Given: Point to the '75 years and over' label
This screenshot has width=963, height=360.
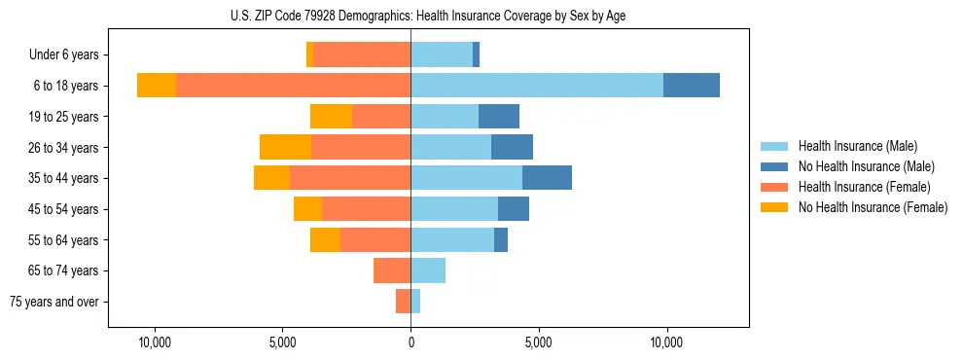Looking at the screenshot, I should pyautogui.click(x=54, y=302).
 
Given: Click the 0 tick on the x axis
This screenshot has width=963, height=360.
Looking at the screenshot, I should pyautogui.click(x=410, y=342).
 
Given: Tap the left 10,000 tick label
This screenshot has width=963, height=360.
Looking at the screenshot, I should pyautogui.click(x=155, y=342).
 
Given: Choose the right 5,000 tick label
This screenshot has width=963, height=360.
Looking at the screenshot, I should pyautogui.click(x=538, y=342).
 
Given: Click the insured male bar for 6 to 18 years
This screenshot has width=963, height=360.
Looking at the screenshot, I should pyautogui.click(x=537, y=86).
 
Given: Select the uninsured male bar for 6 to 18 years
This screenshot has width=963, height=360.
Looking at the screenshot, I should pyautogui.click(x=692, y=86).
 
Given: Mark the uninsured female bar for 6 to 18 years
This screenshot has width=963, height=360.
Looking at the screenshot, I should pyautogui.click(x=157, y=86).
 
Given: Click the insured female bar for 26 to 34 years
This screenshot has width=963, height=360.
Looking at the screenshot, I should pyautogui.click(x=361, y=147).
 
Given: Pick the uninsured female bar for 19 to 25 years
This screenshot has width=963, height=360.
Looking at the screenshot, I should pyautogui.click(x=331, y=117).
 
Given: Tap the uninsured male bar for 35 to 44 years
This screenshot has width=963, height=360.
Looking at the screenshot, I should pyautogui.click(x=547, y=178).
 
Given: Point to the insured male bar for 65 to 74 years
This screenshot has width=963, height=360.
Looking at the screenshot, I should pyautogui.click(x=428, y=270).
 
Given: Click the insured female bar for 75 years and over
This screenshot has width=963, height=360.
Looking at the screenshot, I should pyautogui.click(x=403, y=302).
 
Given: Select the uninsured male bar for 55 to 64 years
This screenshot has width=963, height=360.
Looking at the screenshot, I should pyautogui.click(x=501, y=239).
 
